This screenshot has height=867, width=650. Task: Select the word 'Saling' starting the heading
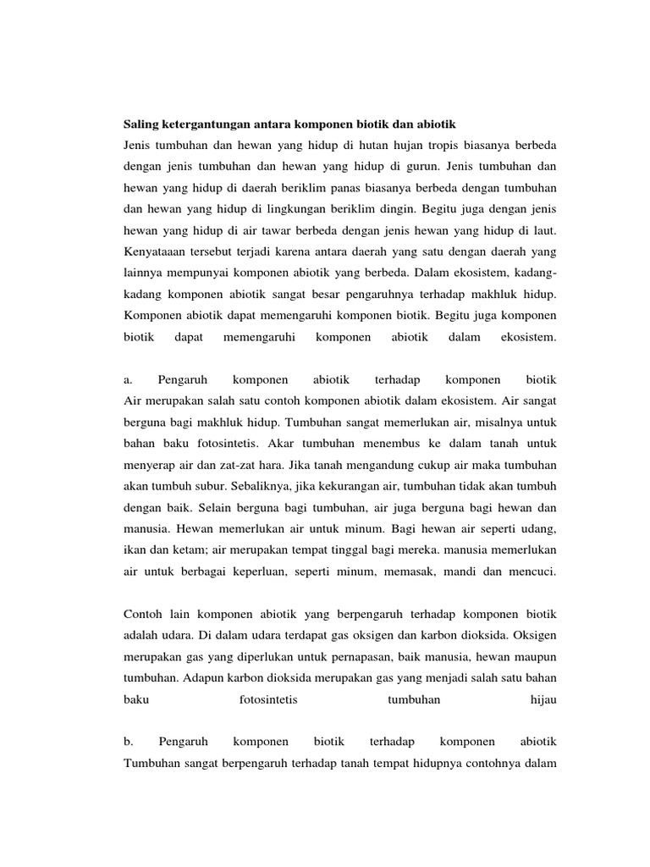[x=142, y=124]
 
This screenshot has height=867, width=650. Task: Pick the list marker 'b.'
[x=129, y=743]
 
